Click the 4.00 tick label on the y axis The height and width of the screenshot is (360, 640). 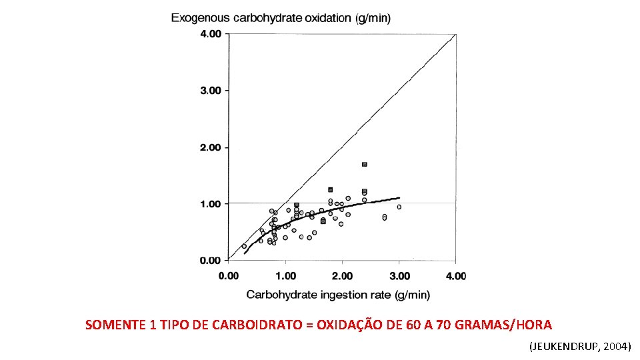tap(211, 34)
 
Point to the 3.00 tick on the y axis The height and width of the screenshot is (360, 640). tap(211, 91)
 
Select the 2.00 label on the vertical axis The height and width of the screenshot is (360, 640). tap(211, 147)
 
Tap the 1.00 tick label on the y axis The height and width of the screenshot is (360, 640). tap(211, 204)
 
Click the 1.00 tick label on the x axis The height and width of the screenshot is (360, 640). tap(286, 276)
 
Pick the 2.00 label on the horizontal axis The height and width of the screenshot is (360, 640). tap(342, 276)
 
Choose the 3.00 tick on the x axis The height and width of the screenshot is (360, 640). tap(399, 276)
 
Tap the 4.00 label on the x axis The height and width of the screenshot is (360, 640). tap(456, 276)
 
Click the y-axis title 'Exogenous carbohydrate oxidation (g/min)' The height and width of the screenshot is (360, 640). tap(281, 19)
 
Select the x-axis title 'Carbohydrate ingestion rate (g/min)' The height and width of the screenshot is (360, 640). tap(338, 295)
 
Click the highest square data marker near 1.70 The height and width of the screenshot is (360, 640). tap(365, 165)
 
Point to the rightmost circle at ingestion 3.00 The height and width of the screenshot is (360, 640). tap(399, 207)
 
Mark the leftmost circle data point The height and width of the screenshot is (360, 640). tap(244, 246)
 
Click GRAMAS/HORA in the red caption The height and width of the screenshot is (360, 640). tap(503, 325)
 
